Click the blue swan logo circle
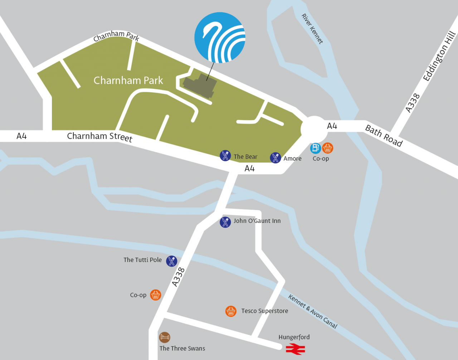click(x=220, y=38)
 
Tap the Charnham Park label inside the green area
click(x=128, y=81)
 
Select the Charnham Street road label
click(x=99, y=137)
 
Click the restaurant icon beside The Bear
click(x=225, y=156)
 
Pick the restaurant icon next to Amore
click(x=275, y=157)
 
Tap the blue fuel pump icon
click(x=315, y=148)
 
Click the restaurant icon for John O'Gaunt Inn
click(x=225, y=222)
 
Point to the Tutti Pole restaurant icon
click(x=172, y=261)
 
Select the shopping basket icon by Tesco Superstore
click(x=231, y=311)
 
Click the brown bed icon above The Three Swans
click(x=165, y=337)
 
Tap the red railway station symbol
click(x=295, y=349)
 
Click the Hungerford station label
click(x=294, y=337)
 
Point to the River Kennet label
click(x=312, y=29)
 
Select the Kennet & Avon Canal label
click(x=313, y=311)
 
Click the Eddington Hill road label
click(x=439, y=56)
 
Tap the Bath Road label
click(x=384, y=136)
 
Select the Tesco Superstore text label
click(x=264, y=311)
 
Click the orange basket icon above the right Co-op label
click(x=327, y=148)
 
